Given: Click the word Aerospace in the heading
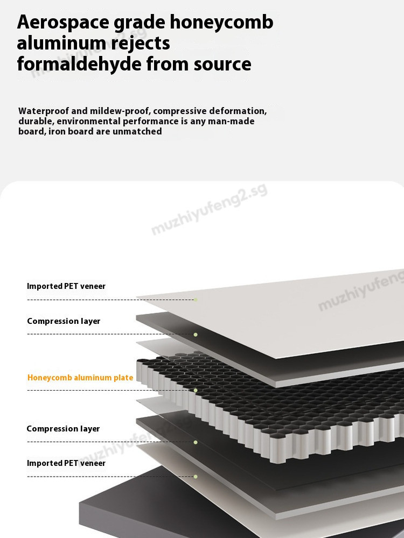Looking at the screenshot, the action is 63,23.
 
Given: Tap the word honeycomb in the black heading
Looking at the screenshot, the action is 221,23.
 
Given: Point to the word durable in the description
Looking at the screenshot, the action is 36,121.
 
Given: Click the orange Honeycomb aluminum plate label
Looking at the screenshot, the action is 80,378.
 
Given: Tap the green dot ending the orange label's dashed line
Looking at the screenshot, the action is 196,391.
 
